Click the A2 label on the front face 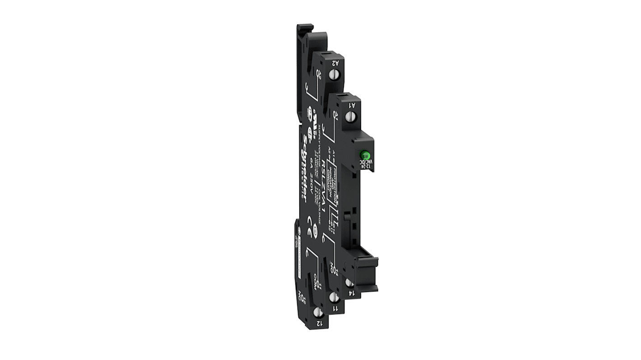[337, 63]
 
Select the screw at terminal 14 [348, 283]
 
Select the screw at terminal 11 [334, 297]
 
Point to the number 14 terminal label [352, 293]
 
